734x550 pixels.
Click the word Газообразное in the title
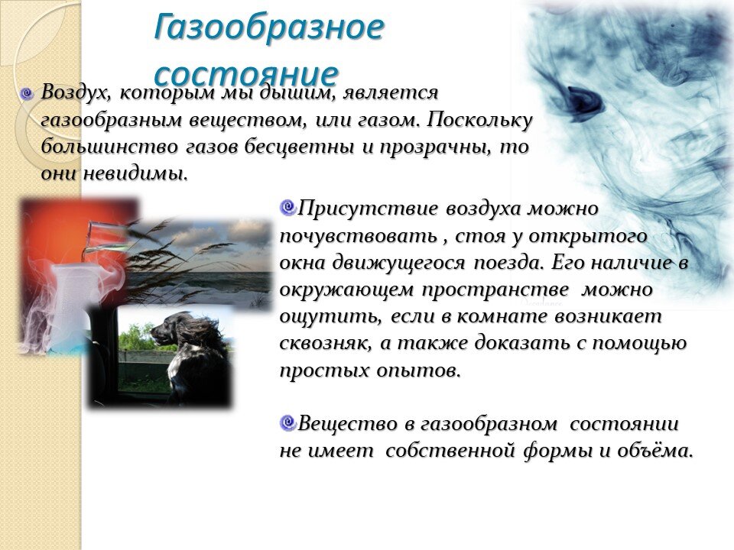(268, 28)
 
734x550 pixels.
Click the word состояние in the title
(245, 73)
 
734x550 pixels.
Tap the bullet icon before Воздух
(28, 94)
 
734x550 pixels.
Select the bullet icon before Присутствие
(287, 206)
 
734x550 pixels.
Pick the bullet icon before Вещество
(287, 422)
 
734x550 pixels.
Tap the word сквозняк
(326, 344)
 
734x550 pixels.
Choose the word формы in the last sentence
(557, 451)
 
